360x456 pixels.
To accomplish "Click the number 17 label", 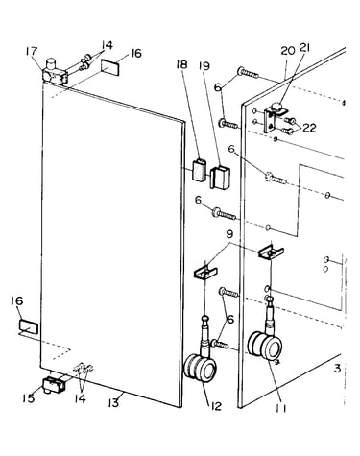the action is click(32, 52).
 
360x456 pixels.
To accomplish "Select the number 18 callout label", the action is click(181, 64).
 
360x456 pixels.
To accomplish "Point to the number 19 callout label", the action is click(204, 66).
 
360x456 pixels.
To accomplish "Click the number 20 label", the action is click(288, 50).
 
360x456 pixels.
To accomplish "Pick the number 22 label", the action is click(309, 128).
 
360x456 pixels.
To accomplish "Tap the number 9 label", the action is click(229, 235).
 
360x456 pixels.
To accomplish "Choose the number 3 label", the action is click(337, 369).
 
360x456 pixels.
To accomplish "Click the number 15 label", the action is click(28, 398).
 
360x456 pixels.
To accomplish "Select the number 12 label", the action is click(216, 406).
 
